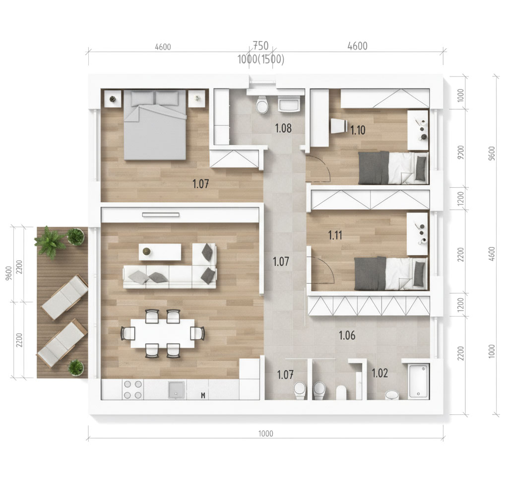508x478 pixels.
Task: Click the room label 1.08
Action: coord(283,128)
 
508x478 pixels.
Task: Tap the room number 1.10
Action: coord(358,130)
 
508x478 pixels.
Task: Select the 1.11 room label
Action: coord(335,235)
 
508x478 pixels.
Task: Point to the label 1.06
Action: coord(347,335)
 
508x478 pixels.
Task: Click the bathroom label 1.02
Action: coord(380,373)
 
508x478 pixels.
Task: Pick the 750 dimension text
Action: coord(260,45)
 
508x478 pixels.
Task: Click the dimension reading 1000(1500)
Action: coord(261,60)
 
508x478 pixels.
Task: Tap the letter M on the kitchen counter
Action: coord(203,395)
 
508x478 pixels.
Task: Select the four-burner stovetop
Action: coord(133,390)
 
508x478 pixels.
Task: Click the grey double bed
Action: coord(155,125)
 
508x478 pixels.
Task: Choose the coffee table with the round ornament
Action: coord(160,252)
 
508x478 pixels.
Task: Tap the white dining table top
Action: coord(163,333)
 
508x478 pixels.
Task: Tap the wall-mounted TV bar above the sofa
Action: coord(161,215)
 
